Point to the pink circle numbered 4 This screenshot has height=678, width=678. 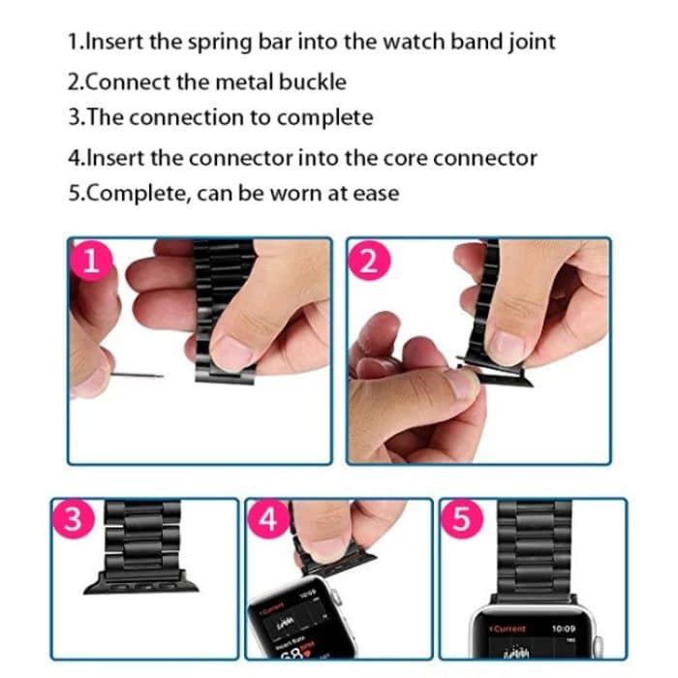269,521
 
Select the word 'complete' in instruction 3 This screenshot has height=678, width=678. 326,118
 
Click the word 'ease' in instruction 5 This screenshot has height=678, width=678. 376,193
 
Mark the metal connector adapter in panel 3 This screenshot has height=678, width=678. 141,583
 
